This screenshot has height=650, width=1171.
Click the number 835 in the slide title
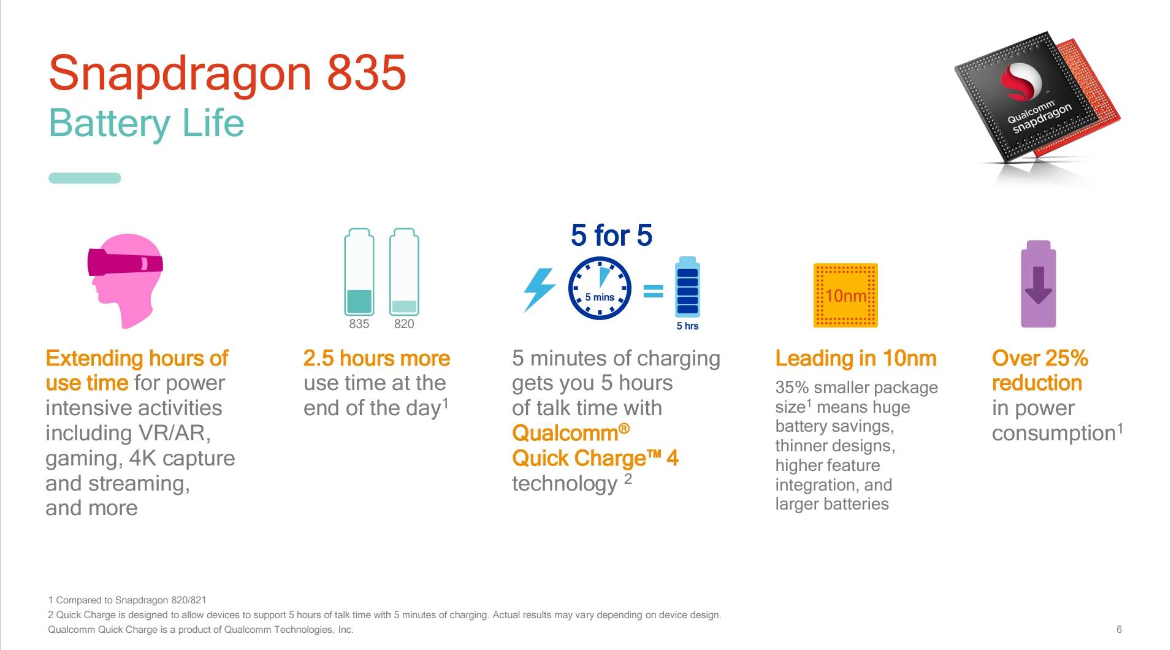tap(366, 73)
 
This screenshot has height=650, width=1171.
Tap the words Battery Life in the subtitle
tap(146, 123)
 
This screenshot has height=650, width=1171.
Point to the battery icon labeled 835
tap(359, 272)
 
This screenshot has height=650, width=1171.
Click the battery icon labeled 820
tap(404, 272)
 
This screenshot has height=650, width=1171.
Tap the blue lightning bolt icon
tap(539, 289)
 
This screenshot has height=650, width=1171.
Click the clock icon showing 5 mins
tap(600, 289)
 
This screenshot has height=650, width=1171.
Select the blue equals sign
tap(653, 291)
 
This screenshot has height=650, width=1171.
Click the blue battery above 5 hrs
tap(687, 286)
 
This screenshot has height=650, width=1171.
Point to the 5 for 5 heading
tap(611, 235)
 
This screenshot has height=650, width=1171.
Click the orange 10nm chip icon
tap(845, 296)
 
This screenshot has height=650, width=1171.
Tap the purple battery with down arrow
tap(1038, 284)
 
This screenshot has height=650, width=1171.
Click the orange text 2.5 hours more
tap(376, 358)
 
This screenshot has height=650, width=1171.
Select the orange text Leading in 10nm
tap(856, 358)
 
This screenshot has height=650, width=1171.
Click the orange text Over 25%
tap(1040, 358)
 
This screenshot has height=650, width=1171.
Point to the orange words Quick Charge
tap(579, 458)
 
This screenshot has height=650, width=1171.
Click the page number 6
tap(1119, 629)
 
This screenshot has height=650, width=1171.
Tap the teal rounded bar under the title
tap(85, 178)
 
